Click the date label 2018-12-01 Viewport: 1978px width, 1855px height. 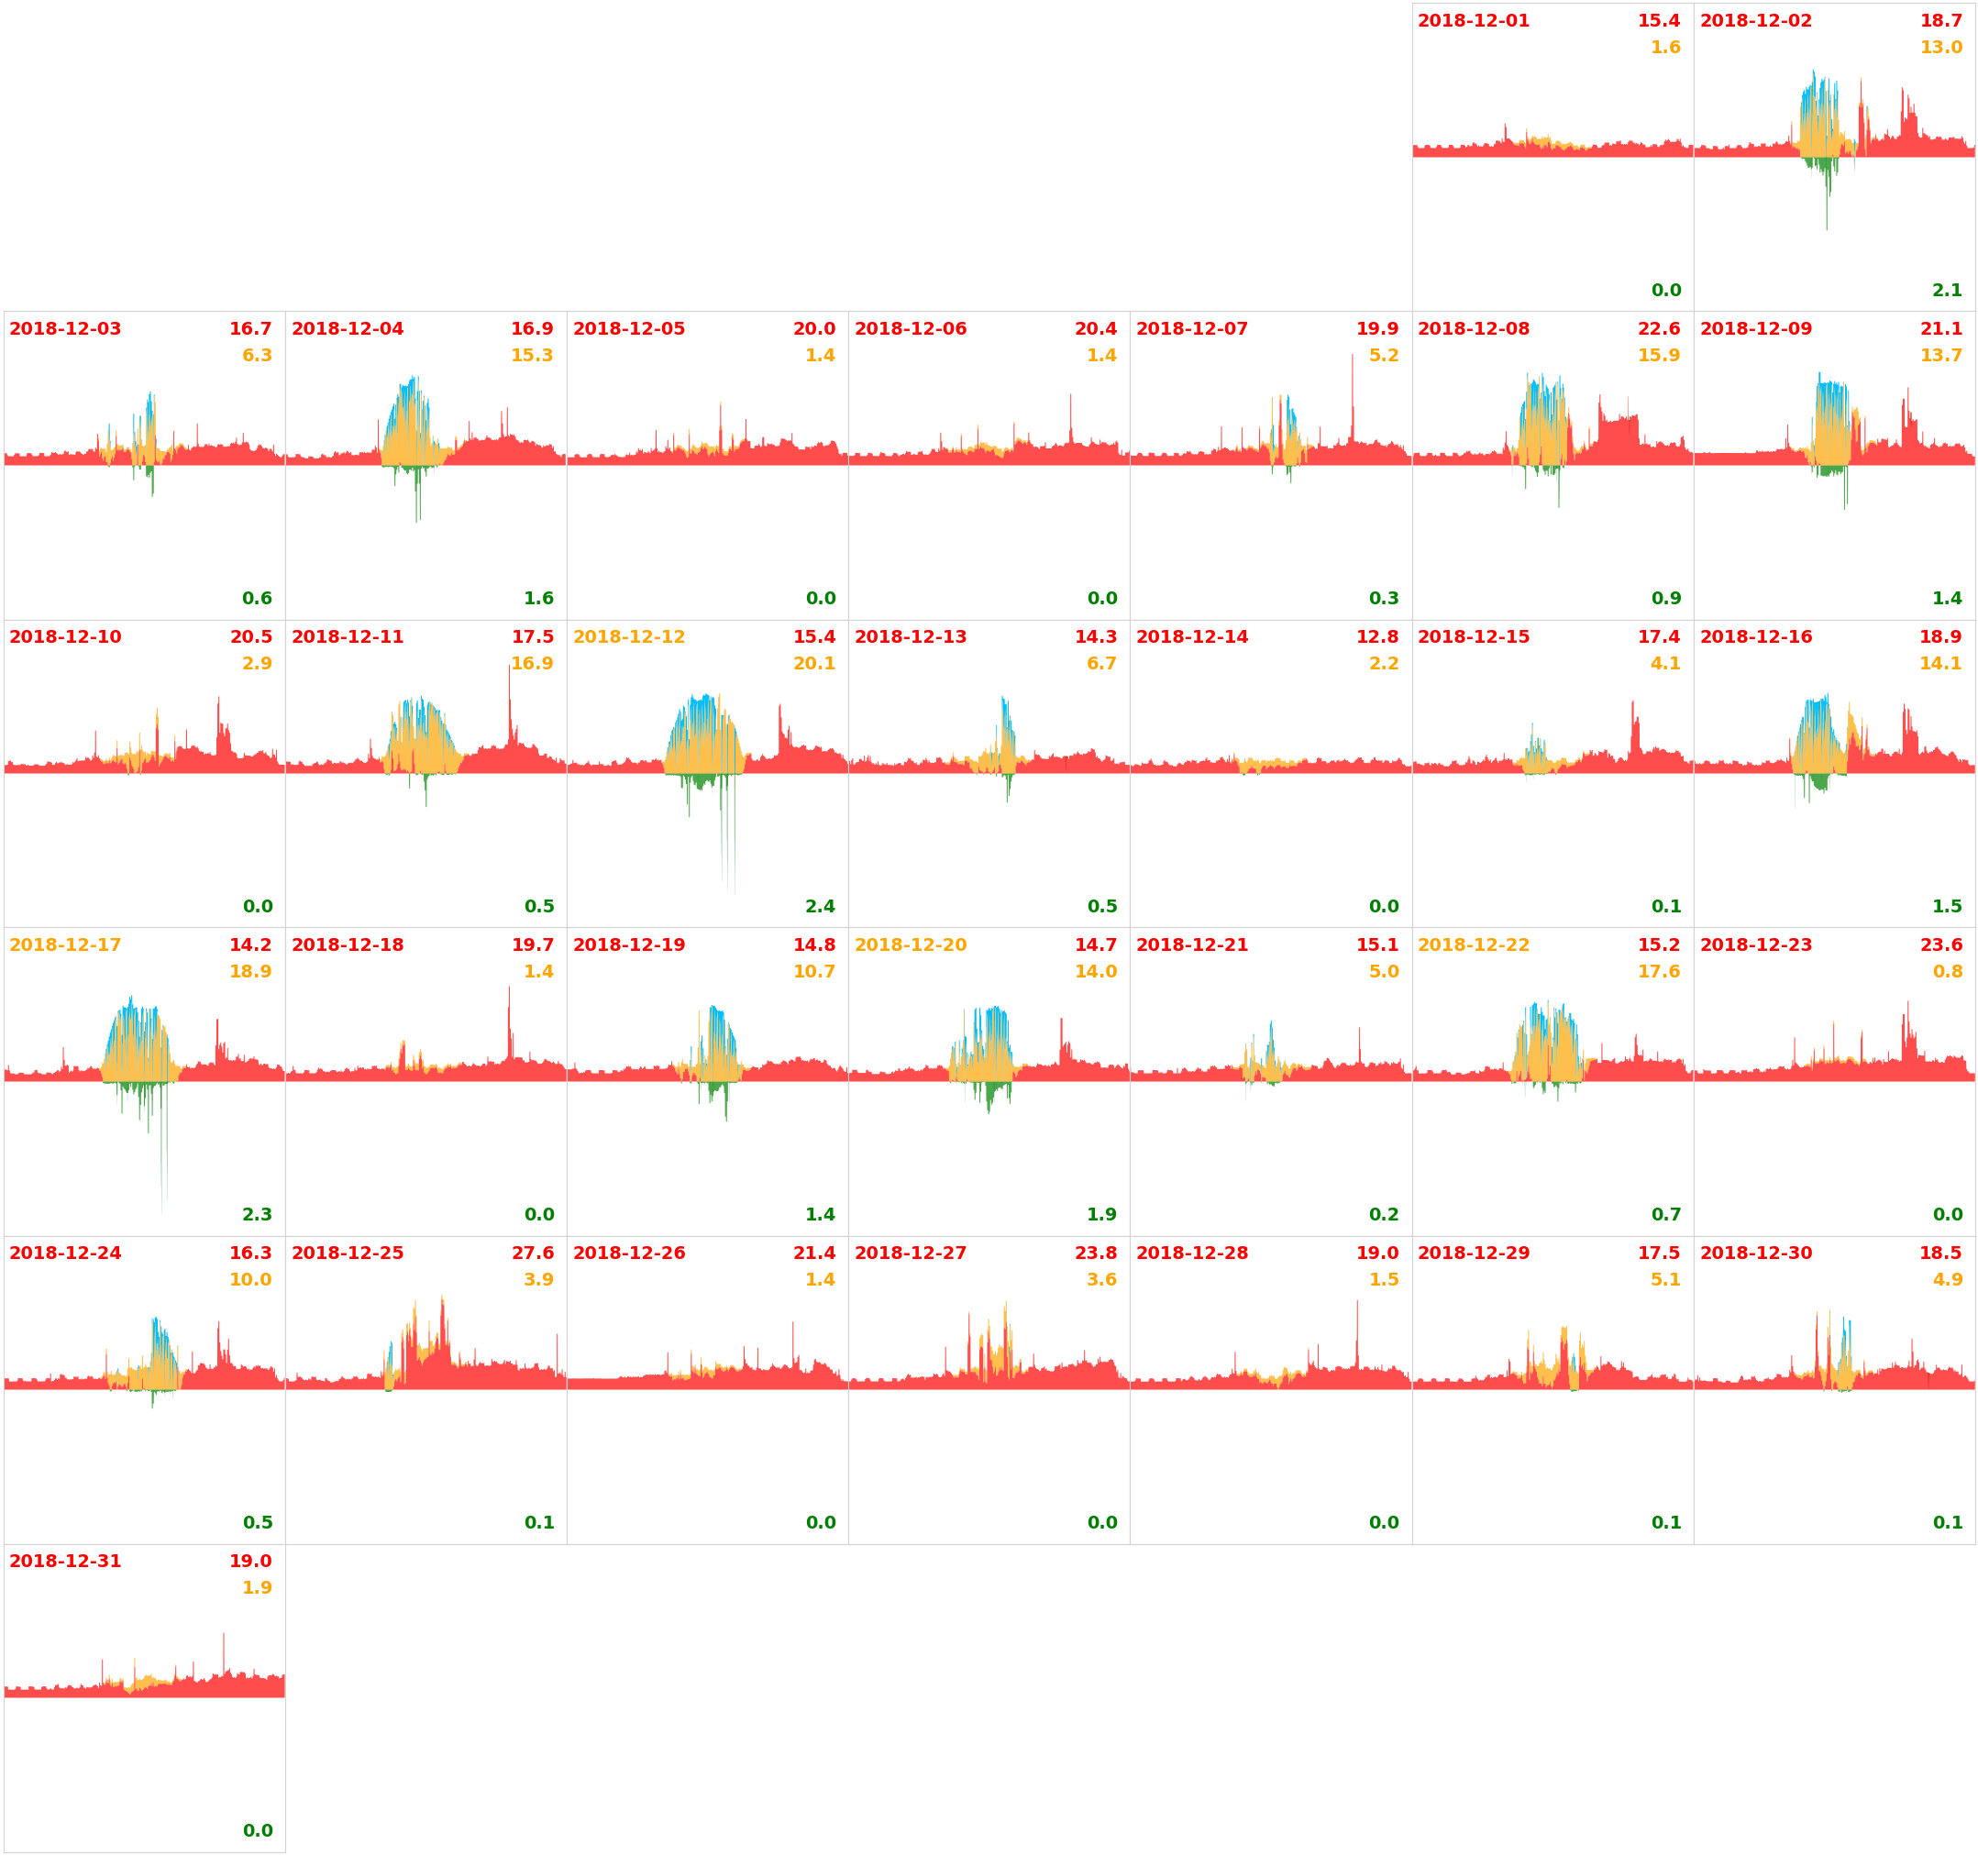click(1473, 21)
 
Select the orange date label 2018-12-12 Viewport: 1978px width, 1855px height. click(629, 637)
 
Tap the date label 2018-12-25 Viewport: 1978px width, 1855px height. click(348, 1253)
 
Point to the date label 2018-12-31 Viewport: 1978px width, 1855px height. click(66, 1561)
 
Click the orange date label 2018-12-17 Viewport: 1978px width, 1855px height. click(66, 944)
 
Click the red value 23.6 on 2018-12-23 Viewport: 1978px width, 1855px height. click(1940, 944)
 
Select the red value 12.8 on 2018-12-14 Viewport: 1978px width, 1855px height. click(1377, 637)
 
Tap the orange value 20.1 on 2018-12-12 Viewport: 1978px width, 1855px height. click(814, 663)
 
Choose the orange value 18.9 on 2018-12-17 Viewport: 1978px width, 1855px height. click(250, 971)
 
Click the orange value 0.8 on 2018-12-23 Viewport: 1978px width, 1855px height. click(1947, 971)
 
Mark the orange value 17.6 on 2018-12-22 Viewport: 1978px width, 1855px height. click(1659, 971)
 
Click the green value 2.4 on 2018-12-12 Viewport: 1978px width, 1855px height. click(820, 907)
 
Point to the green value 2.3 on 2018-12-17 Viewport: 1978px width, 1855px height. click(257, 1214)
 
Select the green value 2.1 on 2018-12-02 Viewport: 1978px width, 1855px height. click(1947, 291)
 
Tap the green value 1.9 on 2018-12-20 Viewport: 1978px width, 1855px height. click(1101, 1214)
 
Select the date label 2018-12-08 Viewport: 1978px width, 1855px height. click(1473, 328)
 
